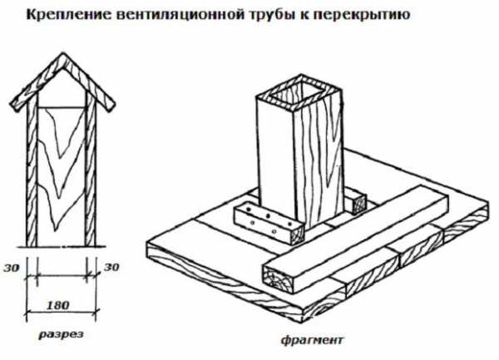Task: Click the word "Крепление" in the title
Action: coord(69,15)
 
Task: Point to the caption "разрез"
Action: coord(61,335)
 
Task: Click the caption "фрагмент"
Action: coord(312,340)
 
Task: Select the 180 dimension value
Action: coord(57,306)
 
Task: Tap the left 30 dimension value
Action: coord(12,268)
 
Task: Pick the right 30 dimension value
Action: coord(111,267)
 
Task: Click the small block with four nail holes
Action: coord(269,224)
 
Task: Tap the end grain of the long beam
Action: coord(278,278)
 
